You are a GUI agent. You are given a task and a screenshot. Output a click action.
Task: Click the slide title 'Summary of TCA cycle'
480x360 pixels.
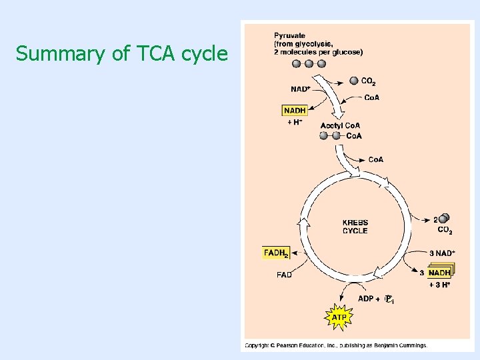[122, 53]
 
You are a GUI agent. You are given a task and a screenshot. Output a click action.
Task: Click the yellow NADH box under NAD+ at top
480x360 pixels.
[295, 111]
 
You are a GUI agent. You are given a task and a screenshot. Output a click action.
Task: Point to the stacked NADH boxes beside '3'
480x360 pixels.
[440, 272]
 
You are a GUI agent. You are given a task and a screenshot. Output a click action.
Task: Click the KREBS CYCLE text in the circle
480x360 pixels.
[355, 227]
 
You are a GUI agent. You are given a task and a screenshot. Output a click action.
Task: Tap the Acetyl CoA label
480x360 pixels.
[340, 125]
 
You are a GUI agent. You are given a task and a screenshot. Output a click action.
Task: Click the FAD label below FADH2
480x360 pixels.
[284, 275]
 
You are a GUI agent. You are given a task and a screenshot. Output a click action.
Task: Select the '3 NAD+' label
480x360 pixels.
[442, 253]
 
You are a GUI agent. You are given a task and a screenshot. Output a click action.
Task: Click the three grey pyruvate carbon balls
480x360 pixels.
[309, 64]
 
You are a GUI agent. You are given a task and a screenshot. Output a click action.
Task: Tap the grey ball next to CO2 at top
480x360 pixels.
[353, 81]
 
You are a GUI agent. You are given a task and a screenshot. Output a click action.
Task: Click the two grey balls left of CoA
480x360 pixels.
[330, 136]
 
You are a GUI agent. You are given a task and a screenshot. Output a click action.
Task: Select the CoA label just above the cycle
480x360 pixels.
[376, 160]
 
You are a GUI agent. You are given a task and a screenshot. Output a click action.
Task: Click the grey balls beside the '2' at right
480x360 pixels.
[444, 219]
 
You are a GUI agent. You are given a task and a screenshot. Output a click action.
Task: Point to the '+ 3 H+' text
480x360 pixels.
[440, 285]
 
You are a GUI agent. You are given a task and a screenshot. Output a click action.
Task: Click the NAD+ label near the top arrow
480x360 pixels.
[301, 89]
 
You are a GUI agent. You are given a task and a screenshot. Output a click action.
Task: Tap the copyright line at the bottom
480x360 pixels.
[335, 345]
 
